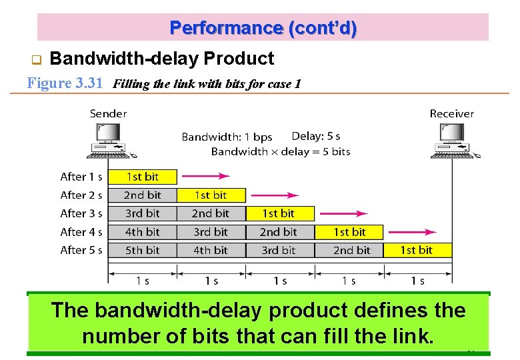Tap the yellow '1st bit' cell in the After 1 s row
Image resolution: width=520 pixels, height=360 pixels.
(143, 177)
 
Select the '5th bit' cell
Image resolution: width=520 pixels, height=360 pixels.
(143, 250)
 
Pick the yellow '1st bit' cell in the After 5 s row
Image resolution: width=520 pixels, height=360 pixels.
(417, 250)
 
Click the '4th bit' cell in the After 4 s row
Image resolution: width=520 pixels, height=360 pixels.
(143, 232)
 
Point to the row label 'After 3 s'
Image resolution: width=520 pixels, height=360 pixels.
(81, 213)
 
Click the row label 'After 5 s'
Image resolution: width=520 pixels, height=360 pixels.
(81, 250)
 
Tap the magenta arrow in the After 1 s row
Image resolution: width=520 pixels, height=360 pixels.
(206, 177)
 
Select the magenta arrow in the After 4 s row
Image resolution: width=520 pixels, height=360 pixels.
(413, 232)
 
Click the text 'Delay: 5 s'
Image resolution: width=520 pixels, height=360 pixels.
(316, 136)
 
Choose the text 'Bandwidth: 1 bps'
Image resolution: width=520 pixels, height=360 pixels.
(227, 137)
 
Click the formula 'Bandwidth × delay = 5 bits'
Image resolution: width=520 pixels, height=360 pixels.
(280, 151)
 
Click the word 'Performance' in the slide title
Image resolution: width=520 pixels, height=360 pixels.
(226, 28)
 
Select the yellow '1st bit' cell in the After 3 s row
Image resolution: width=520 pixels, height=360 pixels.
(279, 213)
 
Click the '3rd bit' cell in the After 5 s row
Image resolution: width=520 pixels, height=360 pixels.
(279, 250)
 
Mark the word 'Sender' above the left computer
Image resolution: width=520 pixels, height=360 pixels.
(108, 114)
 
